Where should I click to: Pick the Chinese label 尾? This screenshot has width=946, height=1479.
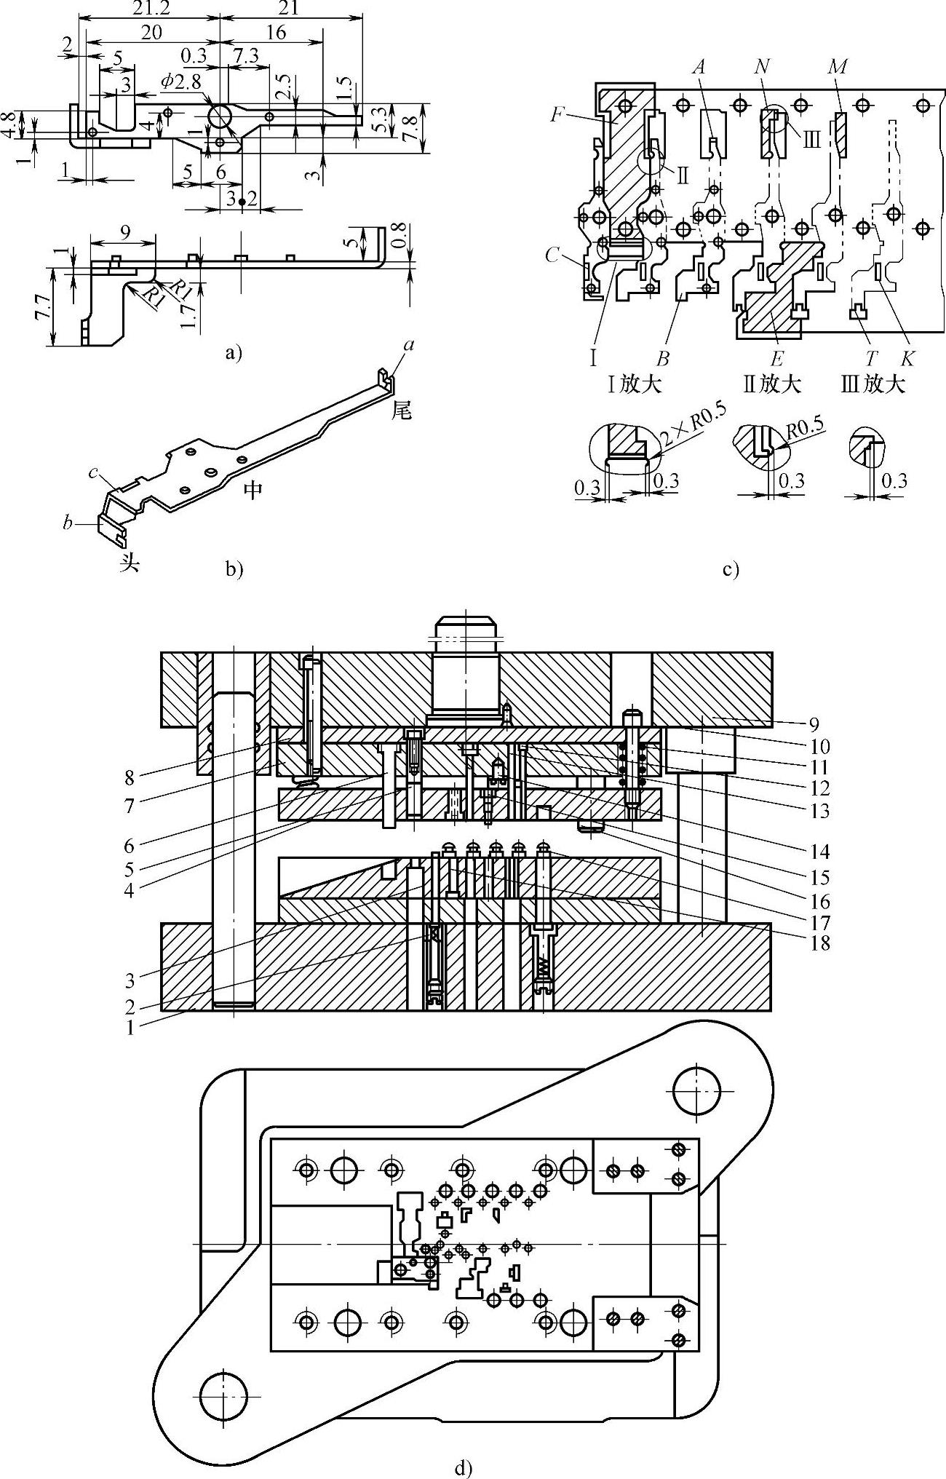402,411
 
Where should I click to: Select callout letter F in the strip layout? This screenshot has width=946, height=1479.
557,114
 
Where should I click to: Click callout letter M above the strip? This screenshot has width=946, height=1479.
838,67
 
